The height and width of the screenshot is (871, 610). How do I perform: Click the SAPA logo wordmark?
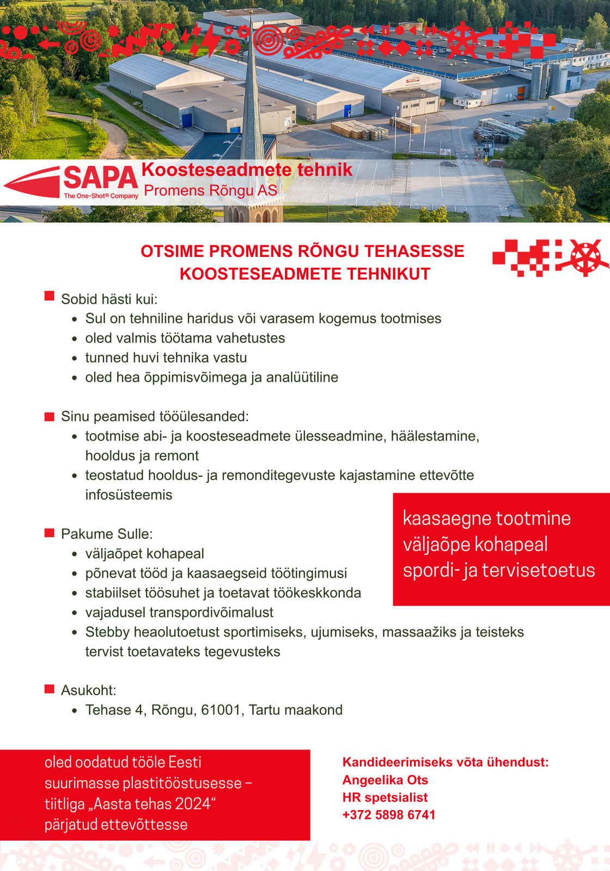click(101, 178)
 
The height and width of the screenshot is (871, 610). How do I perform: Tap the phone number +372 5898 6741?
click(389, 815)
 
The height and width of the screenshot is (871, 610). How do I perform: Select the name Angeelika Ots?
click(385, 780)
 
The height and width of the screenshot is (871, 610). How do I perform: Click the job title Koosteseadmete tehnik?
click(247, 170)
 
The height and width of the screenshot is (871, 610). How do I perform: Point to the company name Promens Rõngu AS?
click(210, 191)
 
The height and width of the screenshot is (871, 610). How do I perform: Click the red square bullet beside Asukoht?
click(50, 689)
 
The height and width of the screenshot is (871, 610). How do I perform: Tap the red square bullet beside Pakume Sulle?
click(50, 532)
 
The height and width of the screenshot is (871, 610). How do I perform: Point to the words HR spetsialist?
click(385, 798)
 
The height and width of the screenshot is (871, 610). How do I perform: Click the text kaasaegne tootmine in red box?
click(486, 518)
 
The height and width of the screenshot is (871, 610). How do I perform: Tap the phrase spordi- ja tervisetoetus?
click(499, 570)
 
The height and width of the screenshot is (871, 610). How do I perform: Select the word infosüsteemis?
click(129, 495)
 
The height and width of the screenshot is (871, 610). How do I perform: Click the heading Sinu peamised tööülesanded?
click(155, 416)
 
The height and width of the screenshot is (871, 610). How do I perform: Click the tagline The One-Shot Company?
click(101, 196)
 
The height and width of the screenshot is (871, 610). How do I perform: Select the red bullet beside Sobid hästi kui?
click(50, 296)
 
